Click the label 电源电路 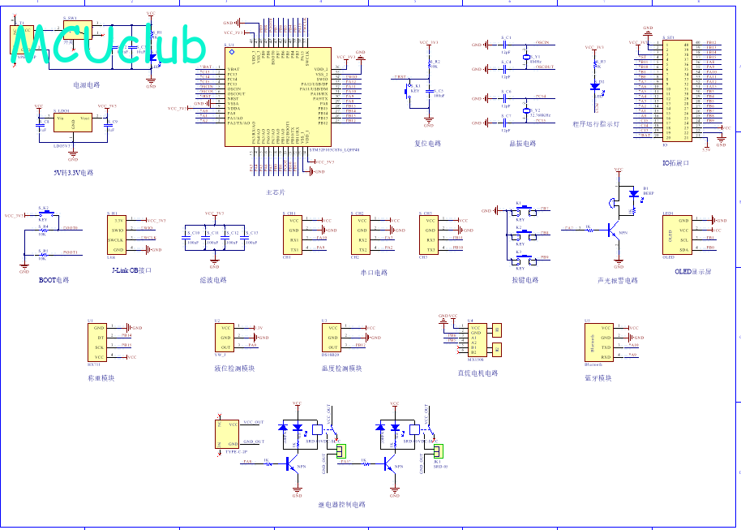[86, 84]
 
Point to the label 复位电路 [427, 144]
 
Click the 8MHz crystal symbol [526, 58]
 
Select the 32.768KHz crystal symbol [526, 111]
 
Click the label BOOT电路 [54, 279]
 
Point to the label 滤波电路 [213, 279]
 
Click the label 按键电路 [525, 280]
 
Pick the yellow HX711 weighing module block [99, 342]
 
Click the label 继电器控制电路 [341, 504]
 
